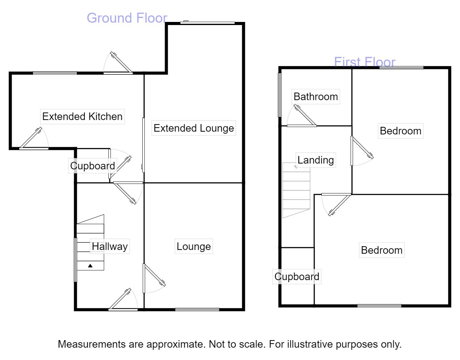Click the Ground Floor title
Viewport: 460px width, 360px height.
coord(127,18)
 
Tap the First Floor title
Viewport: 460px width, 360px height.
coord(365,62)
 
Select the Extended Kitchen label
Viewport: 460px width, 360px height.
coord(82,117)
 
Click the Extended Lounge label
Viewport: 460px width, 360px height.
coord(194,128)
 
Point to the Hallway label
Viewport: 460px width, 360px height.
coord(110,246)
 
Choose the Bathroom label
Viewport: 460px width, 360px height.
coord(316,97)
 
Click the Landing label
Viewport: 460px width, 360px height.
coord(316,160)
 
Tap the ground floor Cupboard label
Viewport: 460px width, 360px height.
coord(93,166)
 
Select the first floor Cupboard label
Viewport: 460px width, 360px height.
coord(297,277)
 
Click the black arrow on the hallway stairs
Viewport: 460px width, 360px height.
coord(90,265)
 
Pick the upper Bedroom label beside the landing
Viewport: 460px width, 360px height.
coord(400,131)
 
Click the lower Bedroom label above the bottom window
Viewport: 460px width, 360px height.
coord(381,250)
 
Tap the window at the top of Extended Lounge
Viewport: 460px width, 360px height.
coord(208,23)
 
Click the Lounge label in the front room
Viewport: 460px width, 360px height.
coord(194,247)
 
